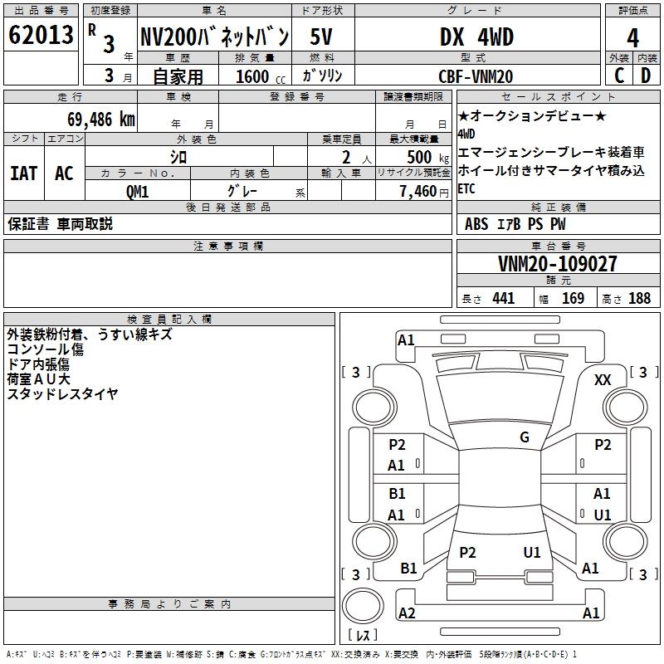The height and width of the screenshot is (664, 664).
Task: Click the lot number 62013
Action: [41, 35]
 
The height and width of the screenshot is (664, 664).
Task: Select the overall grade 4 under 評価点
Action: [632, 38]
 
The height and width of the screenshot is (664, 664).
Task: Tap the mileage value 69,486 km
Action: [101, 120]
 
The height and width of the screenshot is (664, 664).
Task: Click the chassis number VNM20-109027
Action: [557, 264]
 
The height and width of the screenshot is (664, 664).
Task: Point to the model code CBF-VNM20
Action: [476, 76]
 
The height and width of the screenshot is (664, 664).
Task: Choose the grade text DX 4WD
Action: [476, 37]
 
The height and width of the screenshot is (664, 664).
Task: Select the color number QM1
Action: [137, 192]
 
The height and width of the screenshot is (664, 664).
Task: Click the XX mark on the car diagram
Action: [603, 380]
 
